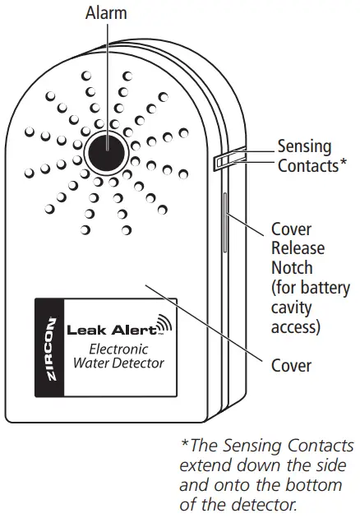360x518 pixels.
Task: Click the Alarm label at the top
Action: pyautogui.click(x=106, y=14)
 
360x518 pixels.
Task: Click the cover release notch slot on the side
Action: pyautogui.click(x=223, y=226)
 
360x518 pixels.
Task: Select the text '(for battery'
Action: pyautogui.click(x=312, y=288)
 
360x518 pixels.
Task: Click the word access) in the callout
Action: pyautogui.click(x=296, y=327)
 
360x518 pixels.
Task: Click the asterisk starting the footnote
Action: pyautogui.click(x=185, y=446)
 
